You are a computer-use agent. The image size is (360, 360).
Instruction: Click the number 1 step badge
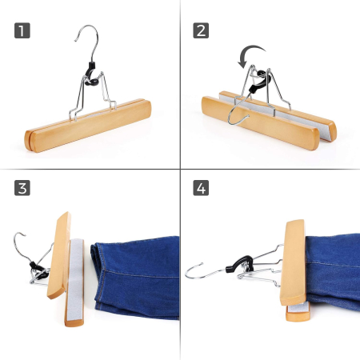(22, 32)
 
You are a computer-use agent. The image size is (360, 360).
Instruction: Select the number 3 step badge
(22, 190)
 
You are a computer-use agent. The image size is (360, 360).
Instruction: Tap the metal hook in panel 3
(20, 244)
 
